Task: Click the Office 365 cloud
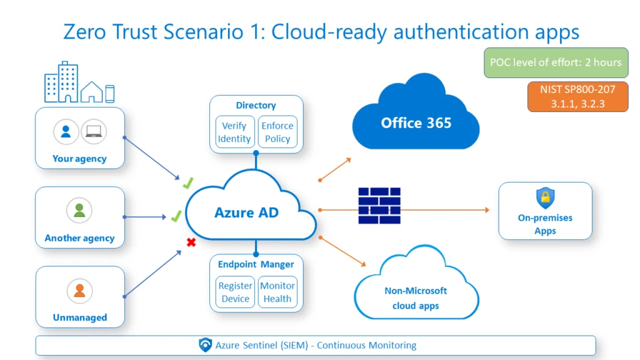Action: pos(416,122)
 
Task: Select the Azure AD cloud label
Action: pos(246,212)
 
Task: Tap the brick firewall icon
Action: pos(379,206)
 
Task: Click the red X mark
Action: pos(191,242)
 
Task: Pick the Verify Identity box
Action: pos(234,132)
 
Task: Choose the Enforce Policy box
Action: pos(277,132)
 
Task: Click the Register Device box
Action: pos(235,292)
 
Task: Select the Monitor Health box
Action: pos(277,292)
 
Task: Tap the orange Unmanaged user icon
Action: pos(79,291)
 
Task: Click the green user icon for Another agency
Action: pos(79,211)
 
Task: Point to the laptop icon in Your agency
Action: pos(94,132)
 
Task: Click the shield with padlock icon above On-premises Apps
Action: pos(545,199)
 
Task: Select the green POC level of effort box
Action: pos(556,62)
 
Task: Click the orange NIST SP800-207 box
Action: pos(577,97)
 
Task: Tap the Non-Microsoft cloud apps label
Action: pos(416,298)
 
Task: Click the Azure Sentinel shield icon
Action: pos(205,345)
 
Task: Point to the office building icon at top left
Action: pos(61,82)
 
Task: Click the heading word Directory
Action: pos(256,106)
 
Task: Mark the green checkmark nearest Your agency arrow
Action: pos(187,183)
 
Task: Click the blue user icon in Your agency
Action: pos(66,132)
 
